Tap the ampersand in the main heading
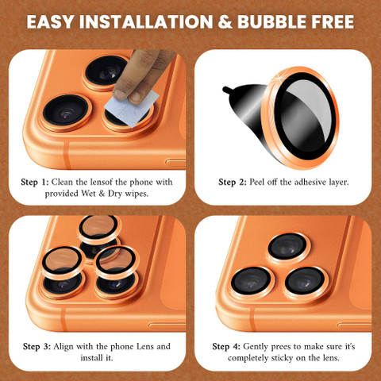click(x=225, y=21)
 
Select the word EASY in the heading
click(x=50, y=21)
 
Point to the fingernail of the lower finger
click(x=136, y=98)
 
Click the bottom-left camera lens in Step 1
click(x=66, y=112)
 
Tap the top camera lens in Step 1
click(x=107, y=73)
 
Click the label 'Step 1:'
click(x=35, y=182)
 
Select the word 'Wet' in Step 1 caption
click(x=89, y=194)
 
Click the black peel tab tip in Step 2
click(x=225, y=89)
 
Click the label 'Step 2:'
click(x=233, y=182)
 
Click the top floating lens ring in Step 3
click(x=98, y=229)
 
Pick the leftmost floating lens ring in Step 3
click(x=63, y=262)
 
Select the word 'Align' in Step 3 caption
click(x=63, y=347)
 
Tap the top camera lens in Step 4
click(x=288, y=248)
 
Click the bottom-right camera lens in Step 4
click(x=306, y=283)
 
